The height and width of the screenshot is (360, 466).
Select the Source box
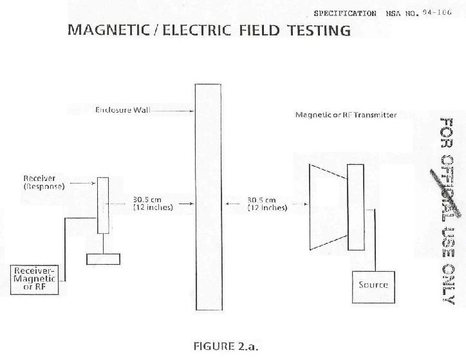373,285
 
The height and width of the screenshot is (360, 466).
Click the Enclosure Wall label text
122,111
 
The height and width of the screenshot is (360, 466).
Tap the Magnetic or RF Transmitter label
346,115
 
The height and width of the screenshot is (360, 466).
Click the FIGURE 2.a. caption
225,345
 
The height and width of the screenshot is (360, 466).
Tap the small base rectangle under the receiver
103,259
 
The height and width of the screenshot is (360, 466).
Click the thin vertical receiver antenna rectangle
102,205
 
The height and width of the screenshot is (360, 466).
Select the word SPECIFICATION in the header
345,13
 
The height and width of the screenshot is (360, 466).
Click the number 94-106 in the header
435,12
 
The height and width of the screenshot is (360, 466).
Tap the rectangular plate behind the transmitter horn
355,207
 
